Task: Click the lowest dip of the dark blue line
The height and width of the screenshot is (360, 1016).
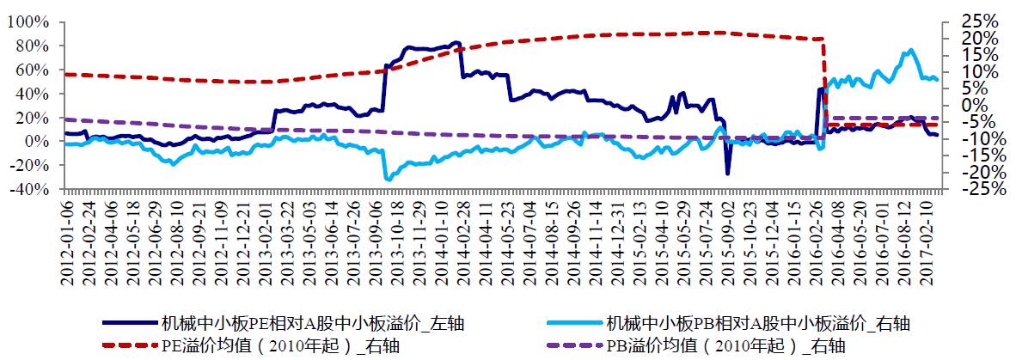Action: click(x=727, y=174)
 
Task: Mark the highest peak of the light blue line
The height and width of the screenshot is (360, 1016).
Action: click(x=910, y=50)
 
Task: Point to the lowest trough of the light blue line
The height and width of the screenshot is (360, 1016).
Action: click(x=389, y=179)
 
